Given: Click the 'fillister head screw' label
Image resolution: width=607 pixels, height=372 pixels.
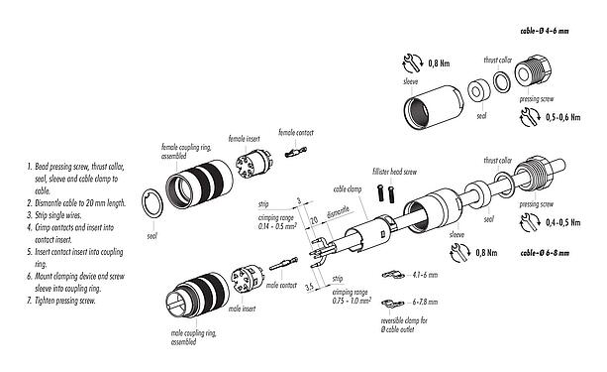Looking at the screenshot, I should [x=393, y=171].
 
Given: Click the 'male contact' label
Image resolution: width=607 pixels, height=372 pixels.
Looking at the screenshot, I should [x=281, y=285].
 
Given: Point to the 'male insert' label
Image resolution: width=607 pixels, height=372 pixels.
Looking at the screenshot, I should [x=243, y=310].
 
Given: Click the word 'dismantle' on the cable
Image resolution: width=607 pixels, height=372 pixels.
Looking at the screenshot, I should [x=339, y=226].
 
